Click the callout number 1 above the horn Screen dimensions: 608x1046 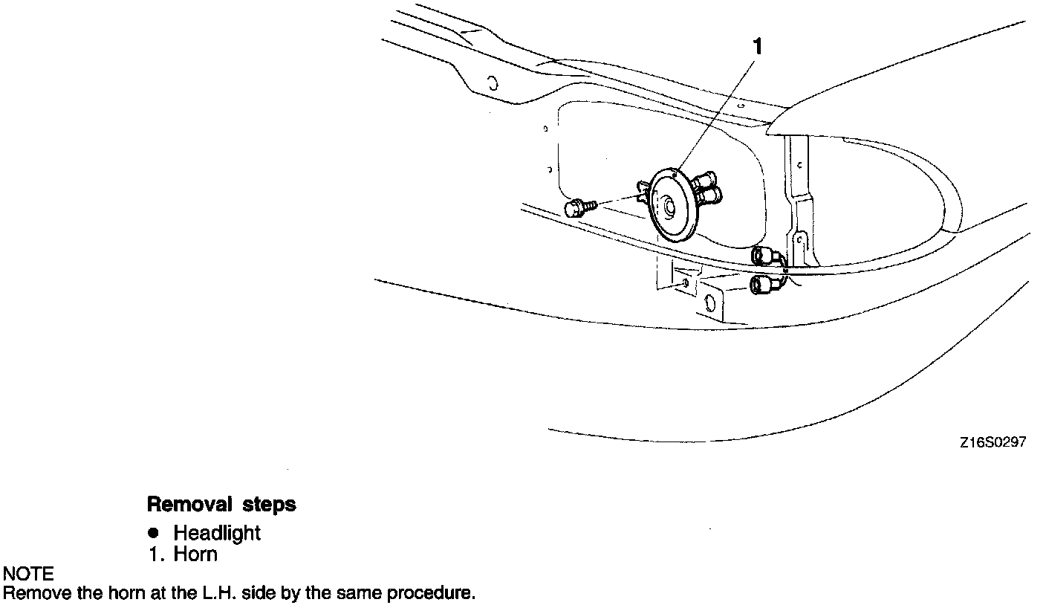point(757,47)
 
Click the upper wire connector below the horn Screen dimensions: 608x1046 point(764,256)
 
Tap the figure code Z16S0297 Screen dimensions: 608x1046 point(992,442)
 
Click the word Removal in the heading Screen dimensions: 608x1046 point(189,505)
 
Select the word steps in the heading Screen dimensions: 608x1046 point(269,505)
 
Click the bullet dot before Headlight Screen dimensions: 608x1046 point(154,533)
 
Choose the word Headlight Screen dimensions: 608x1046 point(217,533)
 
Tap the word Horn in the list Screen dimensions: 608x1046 point(195,554)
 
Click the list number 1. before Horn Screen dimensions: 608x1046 point(155,554)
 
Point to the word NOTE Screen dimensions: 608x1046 point(28,574)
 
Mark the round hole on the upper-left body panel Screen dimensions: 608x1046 point(492,82)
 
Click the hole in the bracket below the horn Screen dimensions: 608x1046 point(709,303)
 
